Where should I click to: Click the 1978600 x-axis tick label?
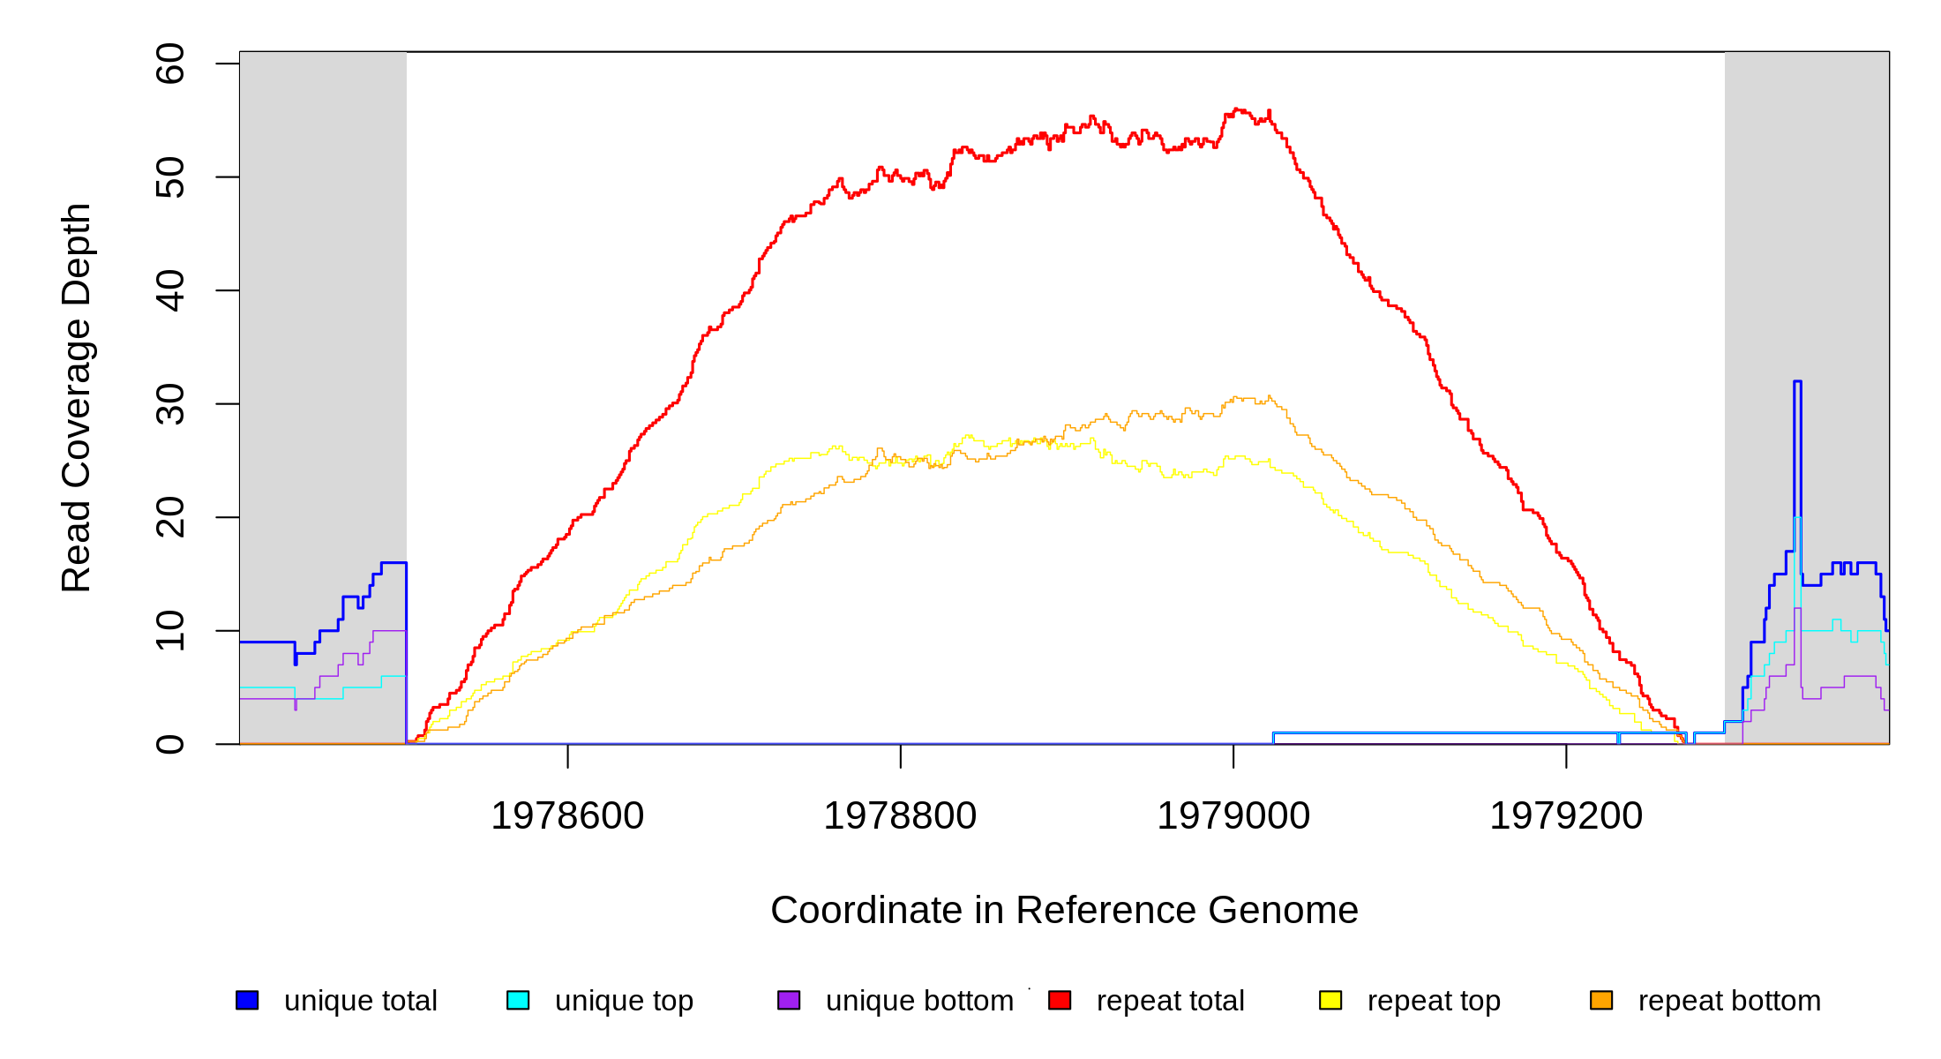tap(567, 816)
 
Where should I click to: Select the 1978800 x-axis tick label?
tap(900, 816)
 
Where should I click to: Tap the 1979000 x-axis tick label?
tap(1233, 816)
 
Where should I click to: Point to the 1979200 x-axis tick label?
tap(1566, 816)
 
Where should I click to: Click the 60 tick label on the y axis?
tap(170, 64)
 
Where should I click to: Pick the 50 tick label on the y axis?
tap(170, 176)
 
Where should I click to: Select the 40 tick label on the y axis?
tap(170, 290)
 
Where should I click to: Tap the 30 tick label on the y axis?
tap(170, 403)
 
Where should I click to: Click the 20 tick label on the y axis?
tap(170, 517)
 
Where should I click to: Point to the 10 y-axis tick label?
tap(170, 630)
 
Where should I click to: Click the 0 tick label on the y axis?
tap(170, 744)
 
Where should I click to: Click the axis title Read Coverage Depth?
tap(77, 397)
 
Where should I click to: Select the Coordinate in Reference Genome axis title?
tap(1064, 910)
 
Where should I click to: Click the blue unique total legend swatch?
tap(247, 1000)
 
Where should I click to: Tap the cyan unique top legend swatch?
tap(518, 1000)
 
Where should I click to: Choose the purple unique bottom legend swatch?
tap(789, 1000)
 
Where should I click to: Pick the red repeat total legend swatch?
tap(1060, 1000)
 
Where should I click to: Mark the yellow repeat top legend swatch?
tap(1330, 1000)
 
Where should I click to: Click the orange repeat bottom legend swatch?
tap(1601, 1000)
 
